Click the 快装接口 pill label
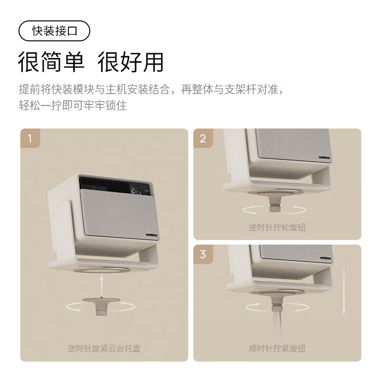[54, 31]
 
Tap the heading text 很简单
[51, 62]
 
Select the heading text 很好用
[130, 62]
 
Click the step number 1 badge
[30, 138]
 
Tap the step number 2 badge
[203, 138]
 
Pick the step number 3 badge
[203, 254]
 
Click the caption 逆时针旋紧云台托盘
[104, 349]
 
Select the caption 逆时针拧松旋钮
[277, 228]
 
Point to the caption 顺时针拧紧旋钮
[277, 349]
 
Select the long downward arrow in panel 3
[343, 285]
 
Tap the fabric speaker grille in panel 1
[119, 214]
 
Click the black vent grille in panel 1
[104, 185]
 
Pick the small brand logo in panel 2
[324, 158]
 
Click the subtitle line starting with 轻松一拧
[73, 105]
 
